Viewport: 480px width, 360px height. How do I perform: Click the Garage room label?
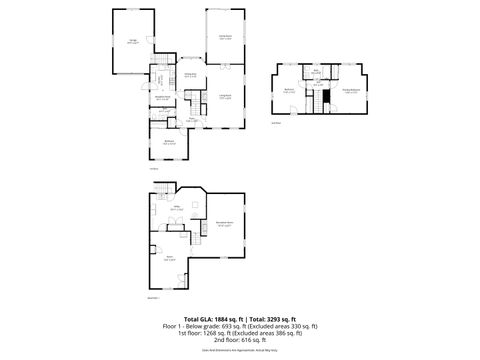click(133, 41)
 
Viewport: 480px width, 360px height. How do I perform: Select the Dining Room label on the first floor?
click(225, 37)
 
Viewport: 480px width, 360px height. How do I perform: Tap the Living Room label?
click(225, 96)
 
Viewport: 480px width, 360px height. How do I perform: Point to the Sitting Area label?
click(189, 75)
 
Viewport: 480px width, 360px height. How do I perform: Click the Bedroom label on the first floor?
click(170, 143)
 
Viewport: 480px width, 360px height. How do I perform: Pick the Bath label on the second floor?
click(315, 73)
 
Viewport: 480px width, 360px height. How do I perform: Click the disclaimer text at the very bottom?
click(240, 351)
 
